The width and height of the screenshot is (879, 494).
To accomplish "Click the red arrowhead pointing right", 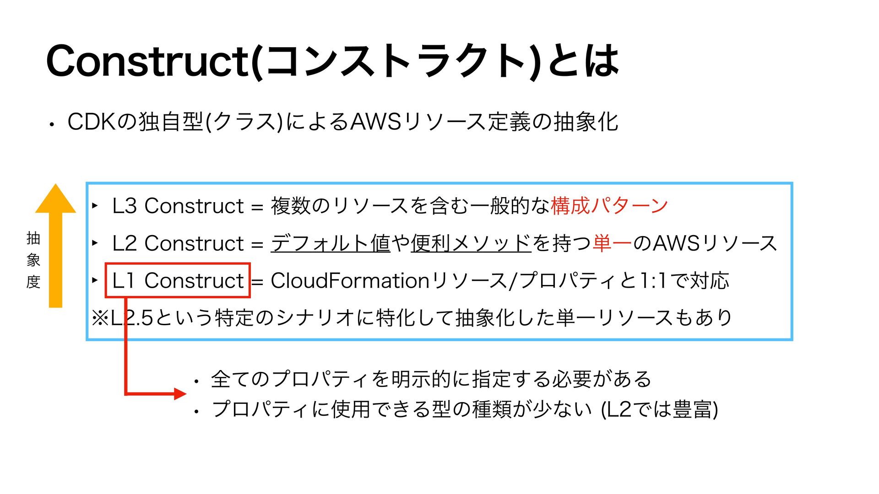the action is [180, 393].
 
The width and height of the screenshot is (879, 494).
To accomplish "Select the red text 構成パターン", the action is [609, 206].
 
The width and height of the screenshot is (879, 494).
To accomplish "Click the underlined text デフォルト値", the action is [330, 243].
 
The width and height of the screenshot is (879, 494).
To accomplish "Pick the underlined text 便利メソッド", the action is [471, 243].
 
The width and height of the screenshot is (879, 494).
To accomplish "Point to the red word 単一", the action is [612, 243].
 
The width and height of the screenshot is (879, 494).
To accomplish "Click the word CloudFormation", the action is [350, 280].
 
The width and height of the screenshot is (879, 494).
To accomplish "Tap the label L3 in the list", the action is [124, 206].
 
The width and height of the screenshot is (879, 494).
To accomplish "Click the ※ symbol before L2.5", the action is [100, 317].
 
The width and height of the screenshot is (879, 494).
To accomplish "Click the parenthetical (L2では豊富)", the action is [659, 408].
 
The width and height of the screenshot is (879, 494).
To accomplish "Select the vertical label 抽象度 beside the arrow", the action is [33, 260].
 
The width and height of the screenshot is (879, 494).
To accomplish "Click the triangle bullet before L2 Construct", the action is [95, 242].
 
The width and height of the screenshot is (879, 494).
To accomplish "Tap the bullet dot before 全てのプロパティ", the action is [196, 381].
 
